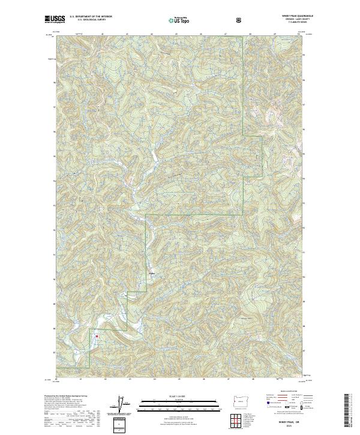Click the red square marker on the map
pos(96,336)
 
